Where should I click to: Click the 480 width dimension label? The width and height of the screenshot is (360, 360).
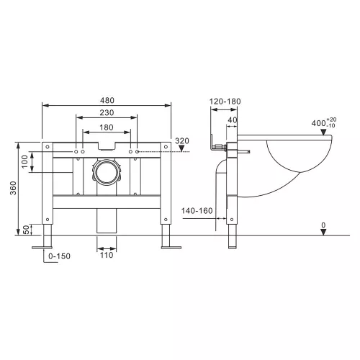[x=107, y=99]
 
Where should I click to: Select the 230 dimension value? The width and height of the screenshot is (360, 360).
[x=107, y=112]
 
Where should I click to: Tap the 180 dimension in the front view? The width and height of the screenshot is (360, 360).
[x=107, y=127]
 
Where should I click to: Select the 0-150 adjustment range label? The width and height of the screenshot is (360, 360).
[x=59, y=256]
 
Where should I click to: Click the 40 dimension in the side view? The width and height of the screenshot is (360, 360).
[x=232, y=120]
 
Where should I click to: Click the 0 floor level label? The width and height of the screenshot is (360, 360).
[x=323, y=225]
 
